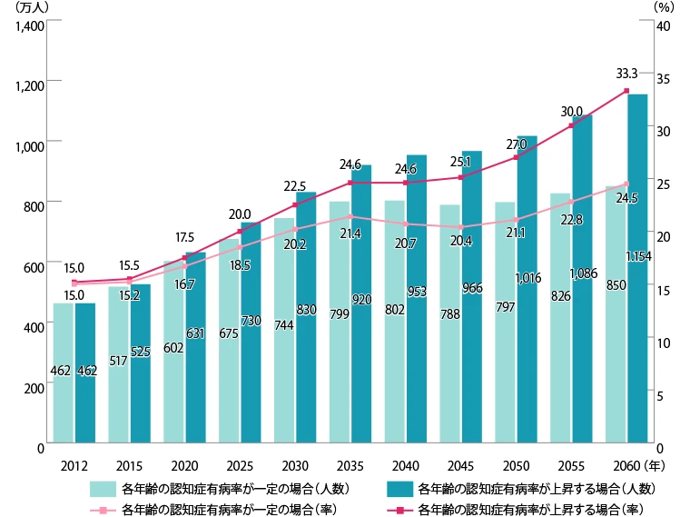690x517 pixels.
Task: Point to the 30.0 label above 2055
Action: [571, 111]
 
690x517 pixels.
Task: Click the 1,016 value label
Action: [527, 278]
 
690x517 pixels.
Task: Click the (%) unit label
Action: [663, 6]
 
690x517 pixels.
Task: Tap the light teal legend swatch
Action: [101, 488]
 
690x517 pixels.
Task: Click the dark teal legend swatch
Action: [399, 488]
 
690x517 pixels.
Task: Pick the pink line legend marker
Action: [101, 507]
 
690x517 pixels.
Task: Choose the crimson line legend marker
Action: [399, 507]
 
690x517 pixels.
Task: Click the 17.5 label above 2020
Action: [185, 237]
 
